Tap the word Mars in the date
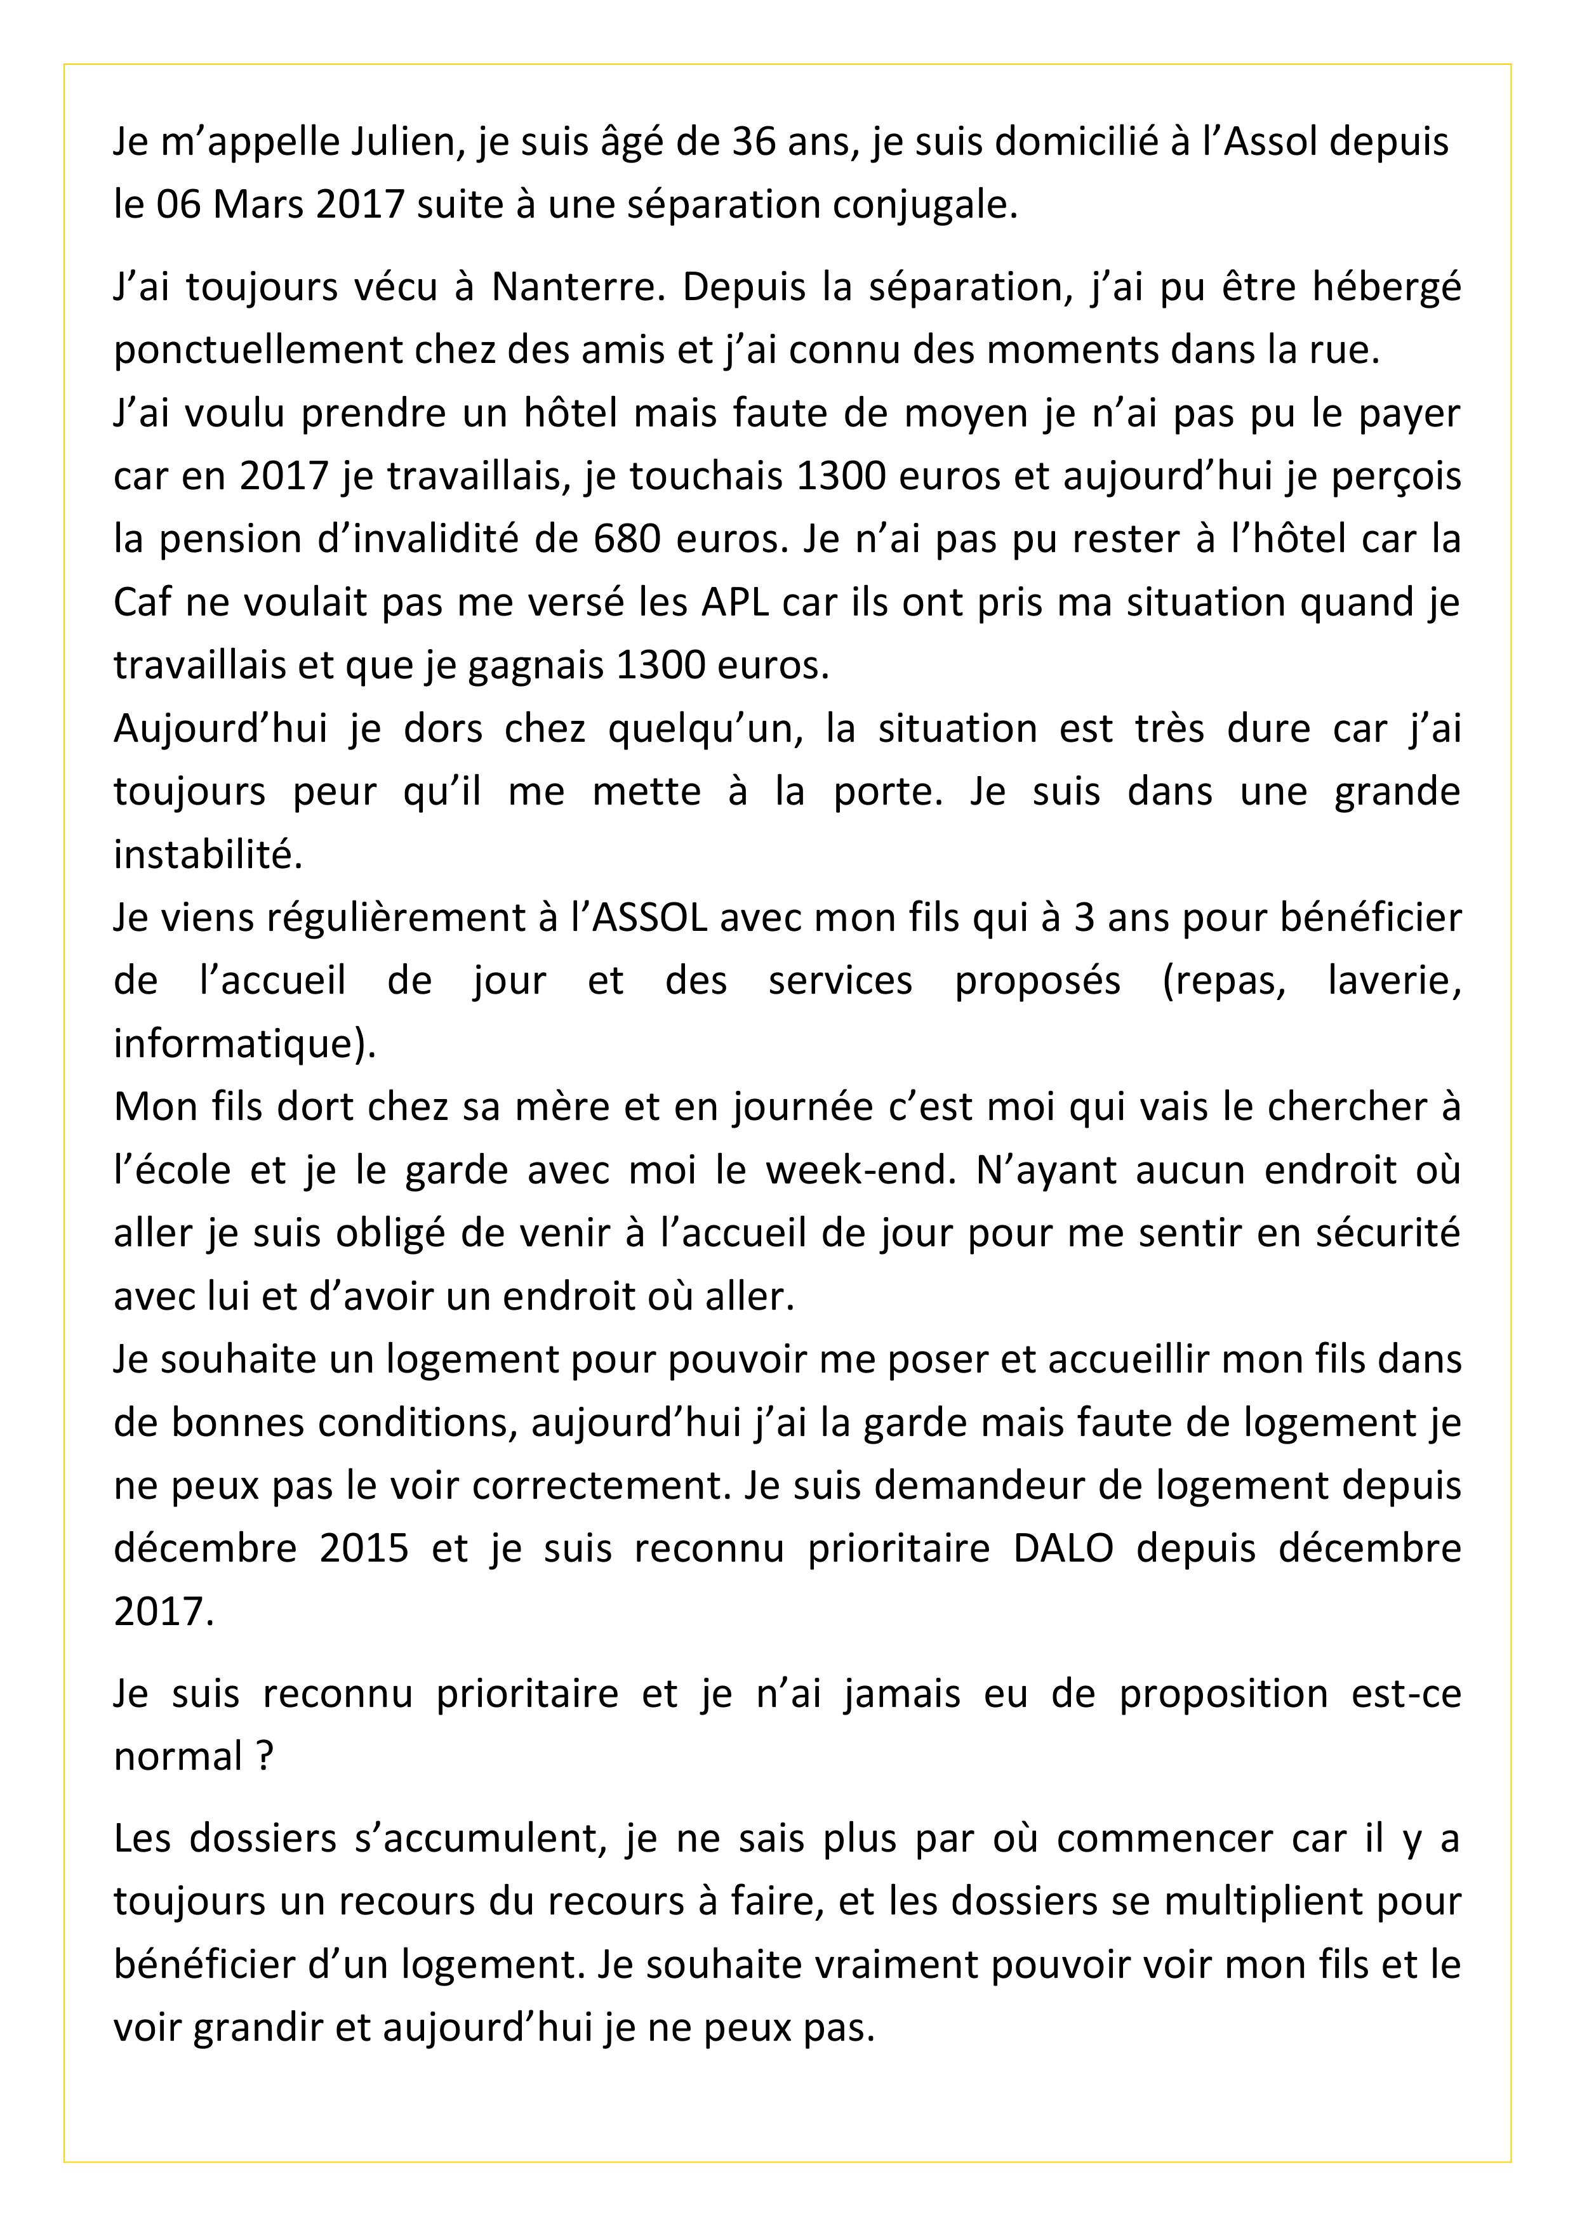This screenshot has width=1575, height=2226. point(256,204)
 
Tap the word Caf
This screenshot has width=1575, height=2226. point(142,602)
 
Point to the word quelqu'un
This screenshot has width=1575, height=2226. point(706,728)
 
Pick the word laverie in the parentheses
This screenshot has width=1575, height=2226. point(1393,980)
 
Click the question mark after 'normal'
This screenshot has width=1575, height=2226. point(265,1757)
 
